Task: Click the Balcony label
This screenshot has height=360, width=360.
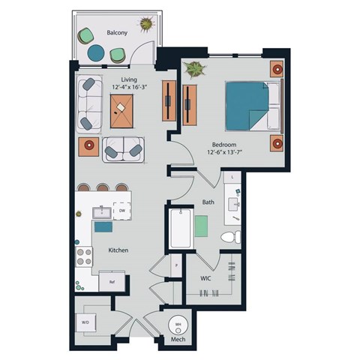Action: [x=116, y=33]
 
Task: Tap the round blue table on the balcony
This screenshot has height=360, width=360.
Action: [x=97, y=53]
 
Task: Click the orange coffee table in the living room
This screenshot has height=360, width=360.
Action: [x=123, y=113]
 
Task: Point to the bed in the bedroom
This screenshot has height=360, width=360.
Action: [x=251, y=105]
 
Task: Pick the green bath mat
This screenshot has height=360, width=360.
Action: [x=202, y=226]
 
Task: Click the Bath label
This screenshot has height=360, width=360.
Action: [x=208, y=202]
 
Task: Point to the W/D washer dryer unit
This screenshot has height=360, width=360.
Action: [x=85, y=322]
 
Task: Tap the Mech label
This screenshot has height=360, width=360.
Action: [x=178, y=341]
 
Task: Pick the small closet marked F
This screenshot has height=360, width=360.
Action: [x=175, y=265]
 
